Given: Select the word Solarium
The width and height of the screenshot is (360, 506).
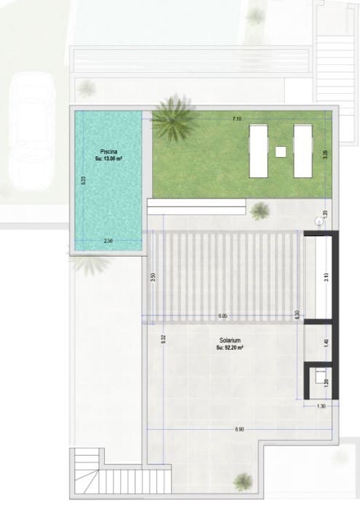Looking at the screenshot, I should point(230,341).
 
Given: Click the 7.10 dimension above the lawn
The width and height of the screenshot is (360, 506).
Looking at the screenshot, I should point(237,118).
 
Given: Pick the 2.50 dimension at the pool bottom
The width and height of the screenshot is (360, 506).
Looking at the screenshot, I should point(108,241).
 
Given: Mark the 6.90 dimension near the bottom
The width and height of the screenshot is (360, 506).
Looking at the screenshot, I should point(240,430).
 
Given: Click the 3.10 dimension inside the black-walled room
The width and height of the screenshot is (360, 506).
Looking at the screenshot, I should point(326,276).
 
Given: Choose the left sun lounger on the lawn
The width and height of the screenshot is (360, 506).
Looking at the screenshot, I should point(259,150).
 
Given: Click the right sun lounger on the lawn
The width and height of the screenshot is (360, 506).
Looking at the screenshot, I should point(303,150).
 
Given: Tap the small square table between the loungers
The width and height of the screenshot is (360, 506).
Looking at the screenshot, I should point(281,152).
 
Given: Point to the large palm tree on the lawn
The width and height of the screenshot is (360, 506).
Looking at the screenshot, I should point(172,121).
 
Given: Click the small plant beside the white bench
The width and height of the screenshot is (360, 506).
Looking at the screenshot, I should point(260,212).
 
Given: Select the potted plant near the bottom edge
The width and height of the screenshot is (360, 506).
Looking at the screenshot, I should point(243,481).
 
